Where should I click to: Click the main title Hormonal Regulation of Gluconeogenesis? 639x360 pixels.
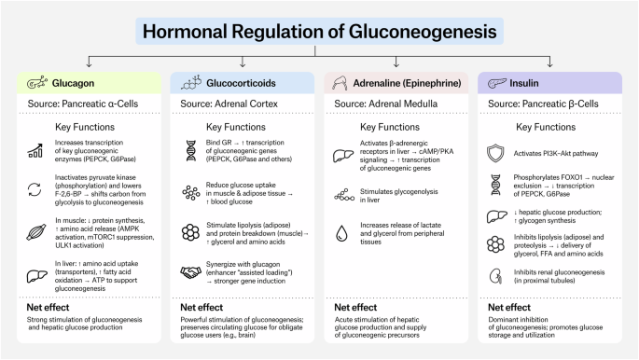319,32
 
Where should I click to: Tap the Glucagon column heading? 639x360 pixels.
73,83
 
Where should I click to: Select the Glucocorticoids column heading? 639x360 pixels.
241,83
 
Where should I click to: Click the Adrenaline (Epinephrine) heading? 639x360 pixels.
407,83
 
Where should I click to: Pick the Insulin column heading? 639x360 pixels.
523,83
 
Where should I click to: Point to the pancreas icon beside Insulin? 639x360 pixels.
497,83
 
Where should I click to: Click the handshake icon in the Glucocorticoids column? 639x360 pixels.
190,272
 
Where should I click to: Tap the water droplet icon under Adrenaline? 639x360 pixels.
341,233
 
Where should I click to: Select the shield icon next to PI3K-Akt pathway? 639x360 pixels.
495,153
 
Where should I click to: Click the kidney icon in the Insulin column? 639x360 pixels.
495,276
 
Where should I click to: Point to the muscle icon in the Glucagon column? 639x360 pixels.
35,232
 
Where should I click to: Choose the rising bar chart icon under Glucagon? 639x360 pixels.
35,151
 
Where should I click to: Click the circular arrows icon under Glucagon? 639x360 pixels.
35,189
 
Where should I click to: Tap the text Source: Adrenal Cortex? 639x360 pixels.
229,104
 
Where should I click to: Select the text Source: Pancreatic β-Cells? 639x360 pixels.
543,104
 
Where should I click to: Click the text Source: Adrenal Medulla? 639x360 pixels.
386,104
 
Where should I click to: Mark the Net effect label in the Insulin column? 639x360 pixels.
509,307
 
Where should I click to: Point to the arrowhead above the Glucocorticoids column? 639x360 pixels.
243,64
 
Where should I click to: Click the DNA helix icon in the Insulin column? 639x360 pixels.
495,185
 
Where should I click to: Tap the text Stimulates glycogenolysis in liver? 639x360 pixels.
399,196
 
